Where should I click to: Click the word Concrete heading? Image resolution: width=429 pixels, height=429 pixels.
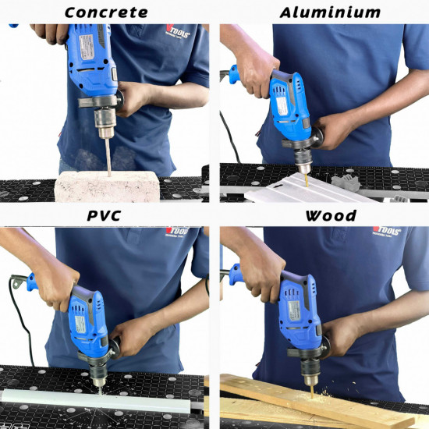point(106,12)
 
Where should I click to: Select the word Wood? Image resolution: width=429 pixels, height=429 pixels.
point(331,216)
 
